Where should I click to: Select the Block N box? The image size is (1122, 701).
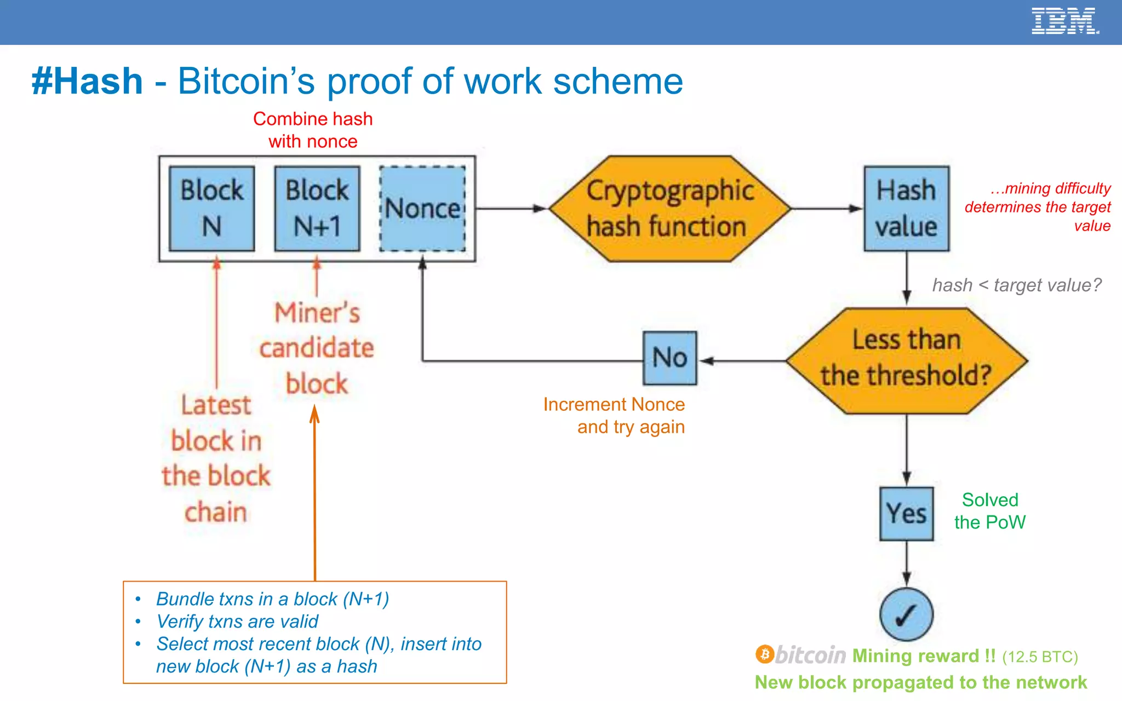(x=212, y=209)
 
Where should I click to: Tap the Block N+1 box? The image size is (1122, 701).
(x=317, y=209)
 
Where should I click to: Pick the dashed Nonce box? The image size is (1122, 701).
(x=422, y=209)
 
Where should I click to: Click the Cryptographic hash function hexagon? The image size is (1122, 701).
(x=669, y=209)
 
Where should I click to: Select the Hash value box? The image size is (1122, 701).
(x=906, y=209)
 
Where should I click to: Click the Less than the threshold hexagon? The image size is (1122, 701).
(x=906, y=360)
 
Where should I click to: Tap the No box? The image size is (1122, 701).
(x=669, y=358)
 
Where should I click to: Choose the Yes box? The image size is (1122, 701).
(x=906, y=514)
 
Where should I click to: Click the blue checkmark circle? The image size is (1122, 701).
(x=906, y=614)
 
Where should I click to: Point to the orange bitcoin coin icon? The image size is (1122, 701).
(x=764, y=654)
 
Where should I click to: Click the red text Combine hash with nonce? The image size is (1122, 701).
(x=313, y=130)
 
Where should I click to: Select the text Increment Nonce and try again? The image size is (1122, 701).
(x=614, y=416)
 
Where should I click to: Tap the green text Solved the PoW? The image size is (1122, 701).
(x=989, y=511)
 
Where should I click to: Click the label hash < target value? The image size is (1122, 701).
(x=1016, y=285)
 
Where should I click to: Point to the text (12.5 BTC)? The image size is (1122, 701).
(x=1039, y=657)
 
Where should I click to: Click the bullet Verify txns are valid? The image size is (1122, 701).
(x=237, y=622)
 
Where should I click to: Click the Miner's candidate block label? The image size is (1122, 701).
(x=317, y=348)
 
